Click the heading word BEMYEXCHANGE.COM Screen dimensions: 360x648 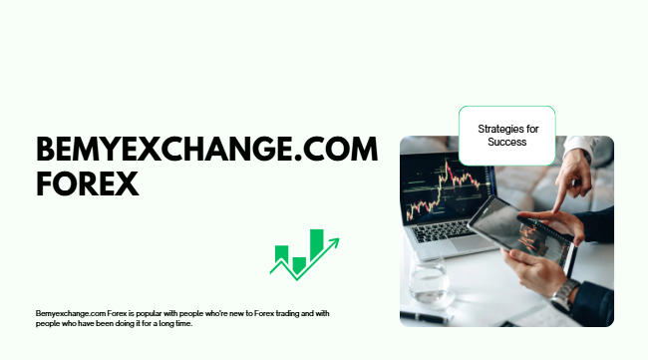point(207,151)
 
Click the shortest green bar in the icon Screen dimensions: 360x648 point(298,265)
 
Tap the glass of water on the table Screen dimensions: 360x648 point(430,283)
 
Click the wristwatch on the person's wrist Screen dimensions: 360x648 point(565,294)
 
